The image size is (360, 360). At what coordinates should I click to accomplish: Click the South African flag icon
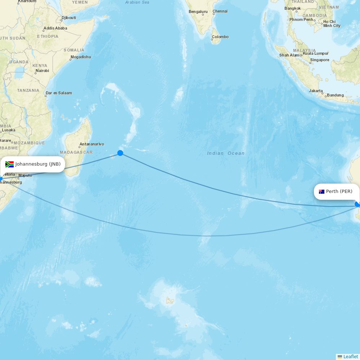(x=10, y=164)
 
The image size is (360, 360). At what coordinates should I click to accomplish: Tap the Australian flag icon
(x=321, y=192)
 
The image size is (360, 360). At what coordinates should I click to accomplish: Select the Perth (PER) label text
(x=339, y=192)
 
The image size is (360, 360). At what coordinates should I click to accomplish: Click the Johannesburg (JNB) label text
(x=38, y=164)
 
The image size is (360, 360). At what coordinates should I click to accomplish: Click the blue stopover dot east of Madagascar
(x=120, y=153)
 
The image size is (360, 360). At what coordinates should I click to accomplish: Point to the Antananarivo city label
(x=92, y=144)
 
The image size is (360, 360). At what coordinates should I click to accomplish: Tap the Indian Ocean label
(x=226, y=153)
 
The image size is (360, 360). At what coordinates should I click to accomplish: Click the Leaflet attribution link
(x=350, y=357)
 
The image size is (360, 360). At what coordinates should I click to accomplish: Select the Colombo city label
(x=220, y=37)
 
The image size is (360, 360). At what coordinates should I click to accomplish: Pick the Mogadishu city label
(x=81, y=57)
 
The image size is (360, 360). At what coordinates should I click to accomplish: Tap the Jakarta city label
(x=316, y=91)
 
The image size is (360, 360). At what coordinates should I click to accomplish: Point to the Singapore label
(x=320, y=60)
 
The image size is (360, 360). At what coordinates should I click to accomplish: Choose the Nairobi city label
(x=42, y=71)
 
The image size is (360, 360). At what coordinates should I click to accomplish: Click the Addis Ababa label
(x=55, y=28)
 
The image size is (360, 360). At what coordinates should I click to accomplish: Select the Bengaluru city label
(x=198, y=12)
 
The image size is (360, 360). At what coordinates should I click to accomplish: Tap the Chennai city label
(x=220, y=11)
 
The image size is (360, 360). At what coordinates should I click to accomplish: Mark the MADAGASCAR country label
(x=76, y=153)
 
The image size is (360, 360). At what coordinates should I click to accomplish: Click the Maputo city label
(x=25, y=175)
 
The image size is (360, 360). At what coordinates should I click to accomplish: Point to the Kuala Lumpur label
(x=316, y=53)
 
